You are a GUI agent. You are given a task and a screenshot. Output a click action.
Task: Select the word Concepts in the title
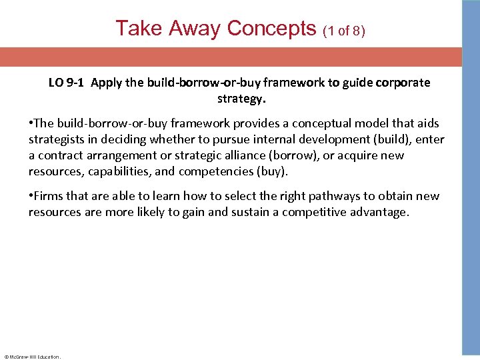[x=271, y=28]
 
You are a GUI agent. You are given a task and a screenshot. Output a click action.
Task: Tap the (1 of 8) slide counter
[x=344, y=31]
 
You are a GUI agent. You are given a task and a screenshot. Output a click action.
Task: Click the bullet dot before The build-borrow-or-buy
[x=31, y=124]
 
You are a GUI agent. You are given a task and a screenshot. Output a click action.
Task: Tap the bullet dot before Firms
[x=31, y=196]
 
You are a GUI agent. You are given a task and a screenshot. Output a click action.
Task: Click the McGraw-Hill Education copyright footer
[x=32, y=357]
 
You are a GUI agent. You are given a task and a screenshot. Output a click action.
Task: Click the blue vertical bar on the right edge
[x=471, y=180]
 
